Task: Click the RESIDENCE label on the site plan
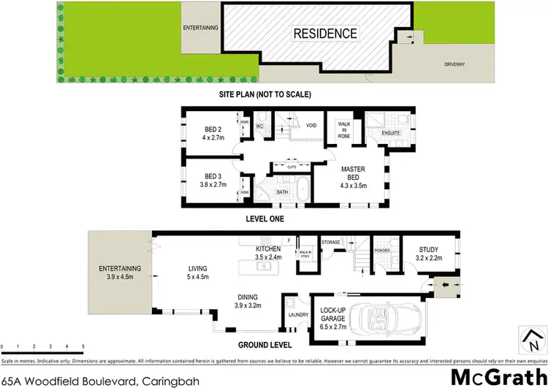pos(326,33)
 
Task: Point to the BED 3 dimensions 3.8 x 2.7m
pos(214,185)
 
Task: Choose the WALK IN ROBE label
pos(345,130)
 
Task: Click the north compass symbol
pos(532,338)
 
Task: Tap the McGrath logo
pos(497,376)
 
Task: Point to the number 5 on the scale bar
pos(83,347)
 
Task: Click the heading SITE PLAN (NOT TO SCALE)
pos(265,95)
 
